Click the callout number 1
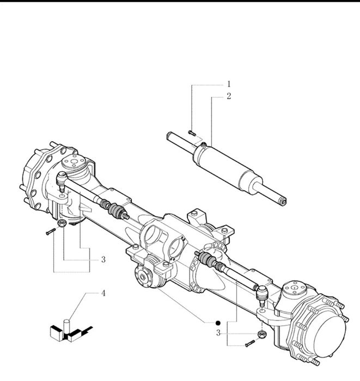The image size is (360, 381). click(x=229, y=84)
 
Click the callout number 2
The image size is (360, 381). click(x=229, y=96)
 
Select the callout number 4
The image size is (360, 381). click(x=103, y=293)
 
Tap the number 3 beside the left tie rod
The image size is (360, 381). click(x=103, y=259)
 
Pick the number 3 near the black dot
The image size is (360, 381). click(x=218, y=333)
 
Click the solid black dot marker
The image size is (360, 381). click(x=218, y=323)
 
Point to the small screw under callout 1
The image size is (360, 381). click(x=192, y=133)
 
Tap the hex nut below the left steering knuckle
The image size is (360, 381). click(x=62, y=222)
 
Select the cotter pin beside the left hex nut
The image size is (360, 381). click(x=51, y=232)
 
